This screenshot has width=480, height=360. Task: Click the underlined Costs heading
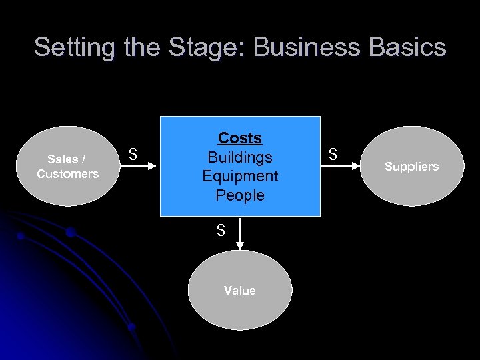pyautogui.click(x=240, y=138)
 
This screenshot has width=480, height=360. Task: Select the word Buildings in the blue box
pyautogui.click(x=240, y=157)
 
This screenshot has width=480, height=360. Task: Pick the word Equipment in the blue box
pyautogui.click(x=240, y=177)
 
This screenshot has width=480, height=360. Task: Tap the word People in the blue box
pyautogui.click(x=240, y=196)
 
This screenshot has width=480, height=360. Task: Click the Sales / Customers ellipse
pyautogui.click(x=67, y=166)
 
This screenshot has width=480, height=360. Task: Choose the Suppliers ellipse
pyautogui.click(x=411, y=166)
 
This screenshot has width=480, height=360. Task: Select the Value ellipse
pyautogui.click(x=240, y=290)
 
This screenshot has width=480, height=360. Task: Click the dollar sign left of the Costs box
pyautogui.click(x=133, y=155)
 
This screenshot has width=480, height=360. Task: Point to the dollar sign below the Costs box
pyautogui.click(x=221, y=231)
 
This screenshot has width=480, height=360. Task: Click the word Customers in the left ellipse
pyautogui.click(x=67, y=174)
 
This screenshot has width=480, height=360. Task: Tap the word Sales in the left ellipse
pyautogui.click(x=63, y=159)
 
